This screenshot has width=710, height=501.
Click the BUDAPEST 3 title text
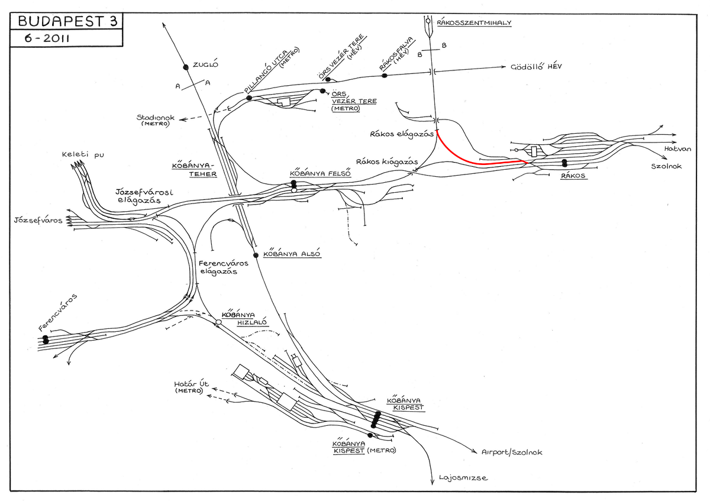(67, 21)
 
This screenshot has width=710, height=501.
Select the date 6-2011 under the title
(47, 38)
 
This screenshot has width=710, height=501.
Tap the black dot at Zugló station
(186, 67)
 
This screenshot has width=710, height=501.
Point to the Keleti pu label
(83, 154)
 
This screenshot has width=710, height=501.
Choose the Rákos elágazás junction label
(402, 134)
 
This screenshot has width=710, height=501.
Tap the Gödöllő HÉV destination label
(536, 67)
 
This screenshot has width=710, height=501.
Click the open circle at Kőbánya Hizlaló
(218, 322)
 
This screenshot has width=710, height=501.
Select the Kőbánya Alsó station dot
(256, 255)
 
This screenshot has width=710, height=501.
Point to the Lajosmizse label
(463, 477)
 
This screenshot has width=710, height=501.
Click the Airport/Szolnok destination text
(512, 452)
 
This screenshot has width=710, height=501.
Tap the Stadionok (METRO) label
(155, 120)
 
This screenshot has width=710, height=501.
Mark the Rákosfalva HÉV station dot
(384, 76)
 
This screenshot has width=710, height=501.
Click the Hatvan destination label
(677, 148)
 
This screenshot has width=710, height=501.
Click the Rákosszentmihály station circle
(428, 21)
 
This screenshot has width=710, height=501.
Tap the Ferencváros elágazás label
(223, 267)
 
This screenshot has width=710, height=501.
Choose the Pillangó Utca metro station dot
(249, 98)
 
